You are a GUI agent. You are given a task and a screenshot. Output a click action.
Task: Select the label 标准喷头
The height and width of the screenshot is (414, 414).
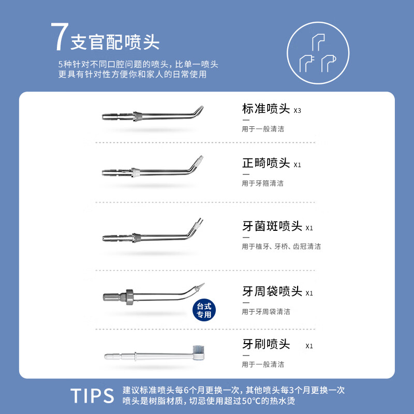click(x=266, y=109)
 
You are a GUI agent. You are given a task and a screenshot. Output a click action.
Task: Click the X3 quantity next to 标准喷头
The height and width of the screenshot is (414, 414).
click(x=297, y=111)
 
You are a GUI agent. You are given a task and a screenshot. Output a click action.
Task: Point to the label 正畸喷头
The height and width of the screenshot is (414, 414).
click(x=266, y=164)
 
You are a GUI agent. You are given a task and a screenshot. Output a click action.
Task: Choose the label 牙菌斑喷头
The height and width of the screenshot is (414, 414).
click(x=272, y=226)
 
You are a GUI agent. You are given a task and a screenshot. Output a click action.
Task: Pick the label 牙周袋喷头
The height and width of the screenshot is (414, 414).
click(x=272, y=291)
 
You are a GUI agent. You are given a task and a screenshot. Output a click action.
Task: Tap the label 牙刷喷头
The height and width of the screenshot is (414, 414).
click(x=266, y=344)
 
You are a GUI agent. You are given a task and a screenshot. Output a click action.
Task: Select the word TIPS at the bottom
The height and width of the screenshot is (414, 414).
click(x=92, y=395)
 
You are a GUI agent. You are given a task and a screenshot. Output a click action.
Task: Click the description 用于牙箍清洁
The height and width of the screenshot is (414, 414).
click(x=262, y=183)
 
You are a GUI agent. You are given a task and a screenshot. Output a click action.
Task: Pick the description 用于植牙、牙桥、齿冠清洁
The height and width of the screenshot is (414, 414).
click(x=281, y=246)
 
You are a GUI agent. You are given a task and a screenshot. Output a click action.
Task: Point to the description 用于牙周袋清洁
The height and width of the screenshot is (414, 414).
click(x=265, y=312)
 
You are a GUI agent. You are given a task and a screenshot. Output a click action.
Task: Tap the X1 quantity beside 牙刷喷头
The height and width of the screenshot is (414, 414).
click(x=309, y=346)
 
